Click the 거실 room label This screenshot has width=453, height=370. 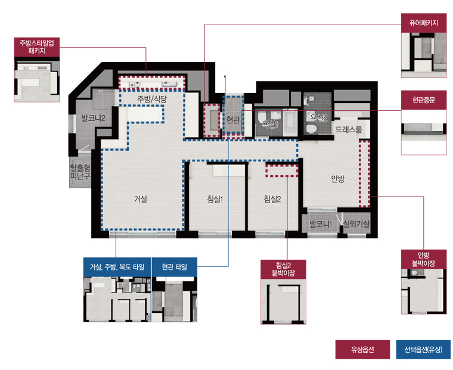pos(141,199)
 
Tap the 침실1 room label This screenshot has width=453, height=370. pos(215,199)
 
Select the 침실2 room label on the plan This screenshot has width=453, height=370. pos(272,199)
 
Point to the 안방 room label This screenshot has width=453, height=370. pos(338,179)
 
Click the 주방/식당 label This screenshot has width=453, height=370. pos(152,100)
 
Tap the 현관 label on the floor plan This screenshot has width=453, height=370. pos(233,119)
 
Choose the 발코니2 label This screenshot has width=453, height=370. pos(93,118)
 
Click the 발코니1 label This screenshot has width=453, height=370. pos(321,223)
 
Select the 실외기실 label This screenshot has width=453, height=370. pos(356,223)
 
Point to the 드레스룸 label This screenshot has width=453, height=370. pos(349,129)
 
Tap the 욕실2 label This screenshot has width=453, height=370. pos(318,118)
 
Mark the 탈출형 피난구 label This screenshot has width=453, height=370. pos(80,172)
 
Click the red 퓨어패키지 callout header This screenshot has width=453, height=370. pos(424,23)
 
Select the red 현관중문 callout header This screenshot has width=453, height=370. pos(424,100)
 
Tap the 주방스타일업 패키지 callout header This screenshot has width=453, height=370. pos(37,47)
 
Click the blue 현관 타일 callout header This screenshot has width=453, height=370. pos(175,267)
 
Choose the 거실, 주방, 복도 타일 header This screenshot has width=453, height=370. pos(117,267)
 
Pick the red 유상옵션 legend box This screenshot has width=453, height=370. pos(362,350)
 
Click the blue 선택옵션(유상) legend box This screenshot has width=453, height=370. pos(423,350)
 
